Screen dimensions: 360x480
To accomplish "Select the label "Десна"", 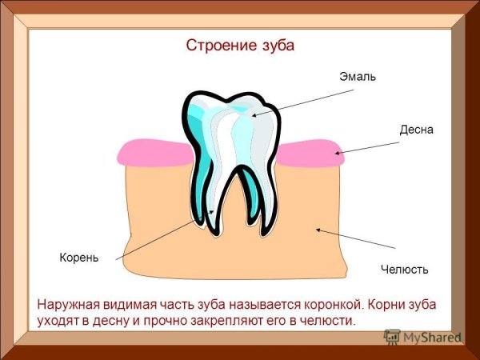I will [416, 130].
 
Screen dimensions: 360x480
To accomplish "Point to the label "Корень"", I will [78, 258].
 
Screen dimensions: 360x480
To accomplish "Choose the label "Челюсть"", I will [404, 270].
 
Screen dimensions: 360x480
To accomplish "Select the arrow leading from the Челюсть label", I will [355, 238].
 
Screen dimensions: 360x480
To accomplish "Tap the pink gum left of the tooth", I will [152, 152].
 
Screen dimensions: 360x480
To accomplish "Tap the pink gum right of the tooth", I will [308, 152].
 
